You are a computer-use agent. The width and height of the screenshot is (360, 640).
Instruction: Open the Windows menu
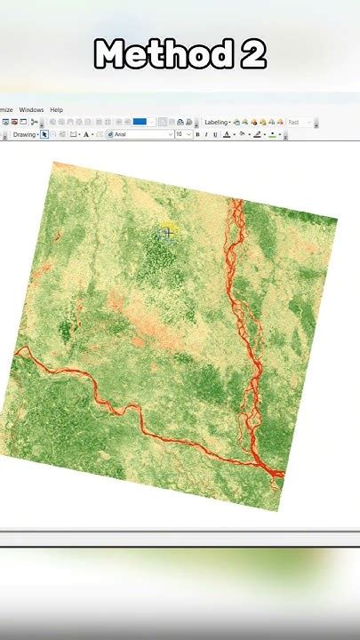tap(31, 109)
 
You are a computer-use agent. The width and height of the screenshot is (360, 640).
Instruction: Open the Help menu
tap(57, 109)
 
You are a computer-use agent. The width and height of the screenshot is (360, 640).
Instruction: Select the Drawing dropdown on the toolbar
tap(25, 135)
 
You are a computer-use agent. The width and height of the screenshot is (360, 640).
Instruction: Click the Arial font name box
tap(140, 135)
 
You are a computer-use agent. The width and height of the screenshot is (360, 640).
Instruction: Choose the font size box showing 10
tap(180, 135)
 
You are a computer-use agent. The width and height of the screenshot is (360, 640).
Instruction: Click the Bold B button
tap(197, 135)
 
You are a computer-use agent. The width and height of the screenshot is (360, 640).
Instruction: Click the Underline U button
tap(214, 135)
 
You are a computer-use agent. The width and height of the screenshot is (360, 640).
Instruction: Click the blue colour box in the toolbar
tap(140, 122)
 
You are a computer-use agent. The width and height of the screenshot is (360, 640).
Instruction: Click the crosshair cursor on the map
tap(167, 233)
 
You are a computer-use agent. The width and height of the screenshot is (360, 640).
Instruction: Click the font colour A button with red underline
tap(227, 135)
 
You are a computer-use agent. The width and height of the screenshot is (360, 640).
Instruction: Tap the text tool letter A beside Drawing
tap(86, 135)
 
